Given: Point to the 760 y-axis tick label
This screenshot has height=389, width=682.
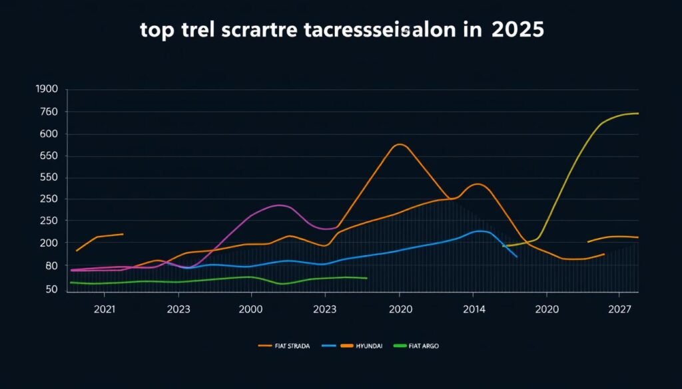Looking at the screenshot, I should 49,112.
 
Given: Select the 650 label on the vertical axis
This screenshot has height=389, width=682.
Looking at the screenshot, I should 49,156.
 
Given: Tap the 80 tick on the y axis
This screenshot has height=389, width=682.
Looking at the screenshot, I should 51,266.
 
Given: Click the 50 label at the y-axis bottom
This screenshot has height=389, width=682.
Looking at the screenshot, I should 51,289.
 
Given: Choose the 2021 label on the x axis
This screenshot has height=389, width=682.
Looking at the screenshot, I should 105,309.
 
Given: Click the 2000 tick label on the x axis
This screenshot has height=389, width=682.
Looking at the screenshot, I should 251,309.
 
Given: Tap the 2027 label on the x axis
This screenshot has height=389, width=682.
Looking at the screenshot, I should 619,309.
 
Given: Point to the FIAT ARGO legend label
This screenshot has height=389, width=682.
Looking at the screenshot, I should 424,346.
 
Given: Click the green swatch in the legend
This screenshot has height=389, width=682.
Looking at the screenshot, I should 400,346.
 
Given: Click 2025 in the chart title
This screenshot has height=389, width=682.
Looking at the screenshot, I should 517,31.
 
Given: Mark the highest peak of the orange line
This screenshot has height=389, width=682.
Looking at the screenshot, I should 400,144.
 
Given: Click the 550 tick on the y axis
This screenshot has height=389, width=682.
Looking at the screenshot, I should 49,178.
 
